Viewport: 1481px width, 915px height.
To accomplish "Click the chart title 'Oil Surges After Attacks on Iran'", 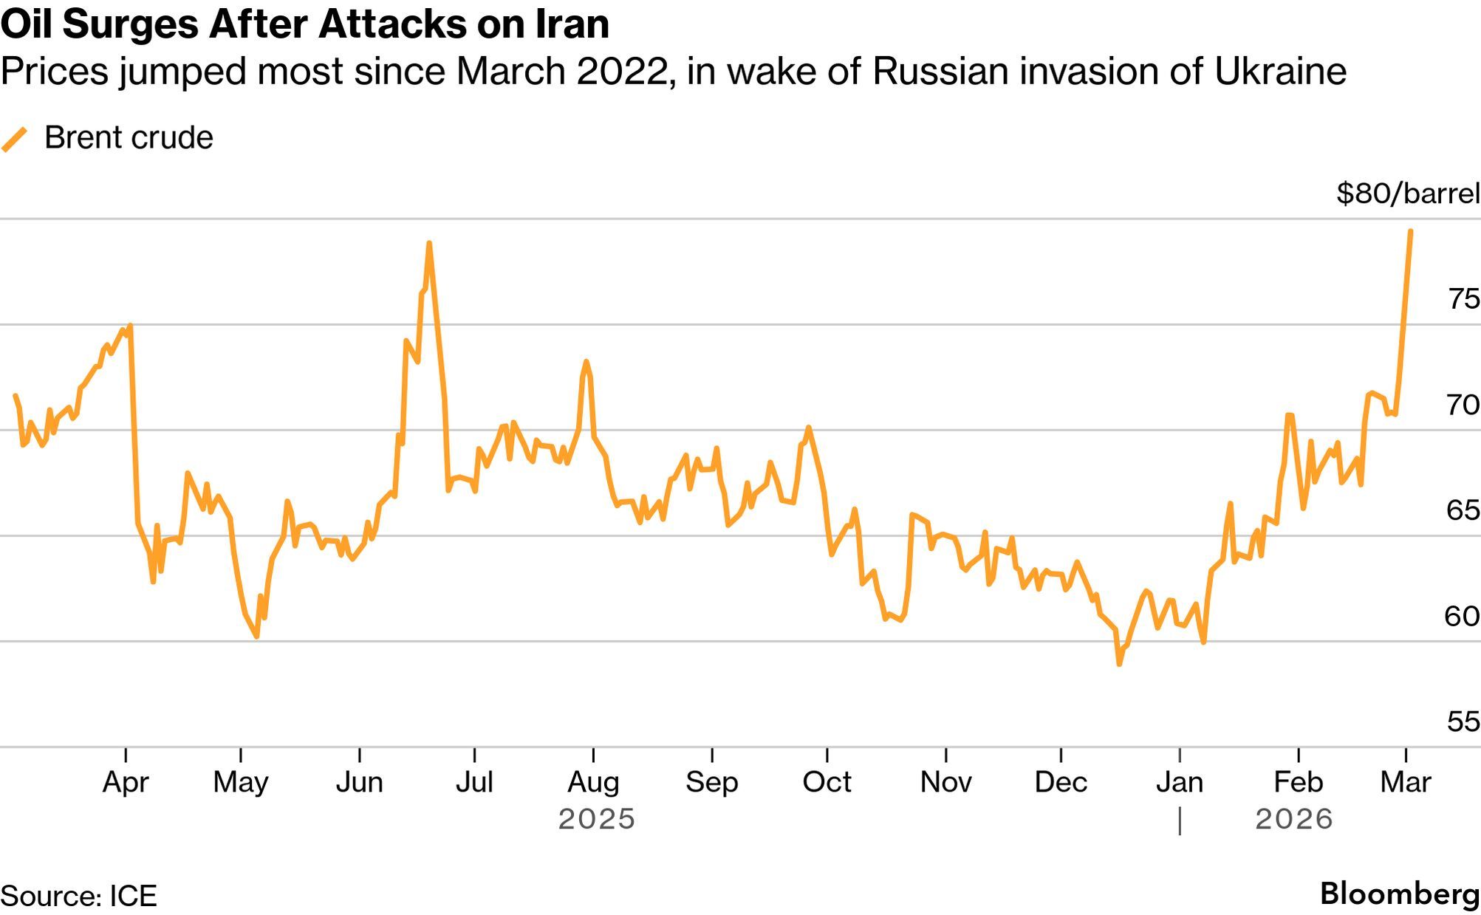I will pyautogui.click(x=305, y=24).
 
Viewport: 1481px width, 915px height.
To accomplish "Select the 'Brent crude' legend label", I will pyautogui.click(x=129, y=138).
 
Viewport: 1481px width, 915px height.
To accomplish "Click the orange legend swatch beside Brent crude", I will pyautogui.click(x=14, y=139).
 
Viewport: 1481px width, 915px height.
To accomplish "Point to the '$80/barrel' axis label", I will pyautogui.click(x=1407, y=193).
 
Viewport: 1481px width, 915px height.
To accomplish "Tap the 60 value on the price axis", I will pyautogui.click(x=1463, y=616).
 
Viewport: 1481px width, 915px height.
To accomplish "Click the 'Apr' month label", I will pyautogui.click(x=126, y=782).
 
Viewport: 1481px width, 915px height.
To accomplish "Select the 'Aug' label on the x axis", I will pyautogui.click(x=593, y=782).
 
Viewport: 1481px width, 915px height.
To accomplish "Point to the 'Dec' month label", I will pyautogui.click(x=1061, y=782).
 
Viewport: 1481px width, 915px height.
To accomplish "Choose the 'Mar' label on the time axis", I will pyautogui.click(x=1406, y=782).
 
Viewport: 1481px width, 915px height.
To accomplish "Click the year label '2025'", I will pyautogui.click(x=597, y=819).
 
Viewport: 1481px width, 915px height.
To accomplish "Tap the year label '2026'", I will pyautogui.click(x=1294, y=819).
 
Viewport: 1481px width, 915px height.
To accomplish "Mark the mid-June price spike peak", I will pyautogui.click(x=429, y=243).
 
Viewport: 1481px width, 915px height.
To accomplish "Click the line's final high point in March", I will pyautogui.click(x=1411, y=231).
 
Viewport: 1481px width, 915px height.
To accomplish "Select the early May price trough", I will pyautogui.click(x=256, y=636).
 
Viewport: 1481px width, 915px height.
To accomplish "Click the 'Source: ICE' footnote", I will pyautogui.click(x=79, y=896).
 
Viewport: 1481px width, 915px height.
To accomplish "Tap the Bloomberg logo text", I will pyautogui.click(x=1400, y=894).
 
